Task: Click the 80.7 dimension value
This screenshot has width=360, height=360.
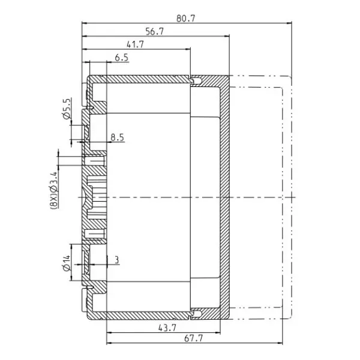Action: tap(186, 19)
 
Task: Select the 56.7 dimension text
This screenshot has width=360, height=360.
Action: tap(155, 31)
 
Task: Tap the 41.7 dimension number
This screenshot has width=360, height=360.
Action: tap(135, 44)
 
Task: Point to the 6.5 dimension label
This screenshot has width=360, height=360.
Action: tap(121, 58)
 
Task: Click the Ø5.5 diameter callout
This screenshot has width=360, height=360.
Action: tap(67, 109)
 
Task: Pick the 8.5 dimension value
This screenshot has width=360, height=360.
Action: tap(117, 137)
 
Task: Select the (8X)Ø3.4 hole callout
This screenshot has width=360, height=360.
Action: tap(54, 190)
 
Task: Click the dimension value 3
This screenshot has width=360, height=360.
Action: tap(117, 260)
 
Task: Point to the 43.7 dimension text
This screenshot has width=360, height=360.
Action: tap(167, 328)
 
